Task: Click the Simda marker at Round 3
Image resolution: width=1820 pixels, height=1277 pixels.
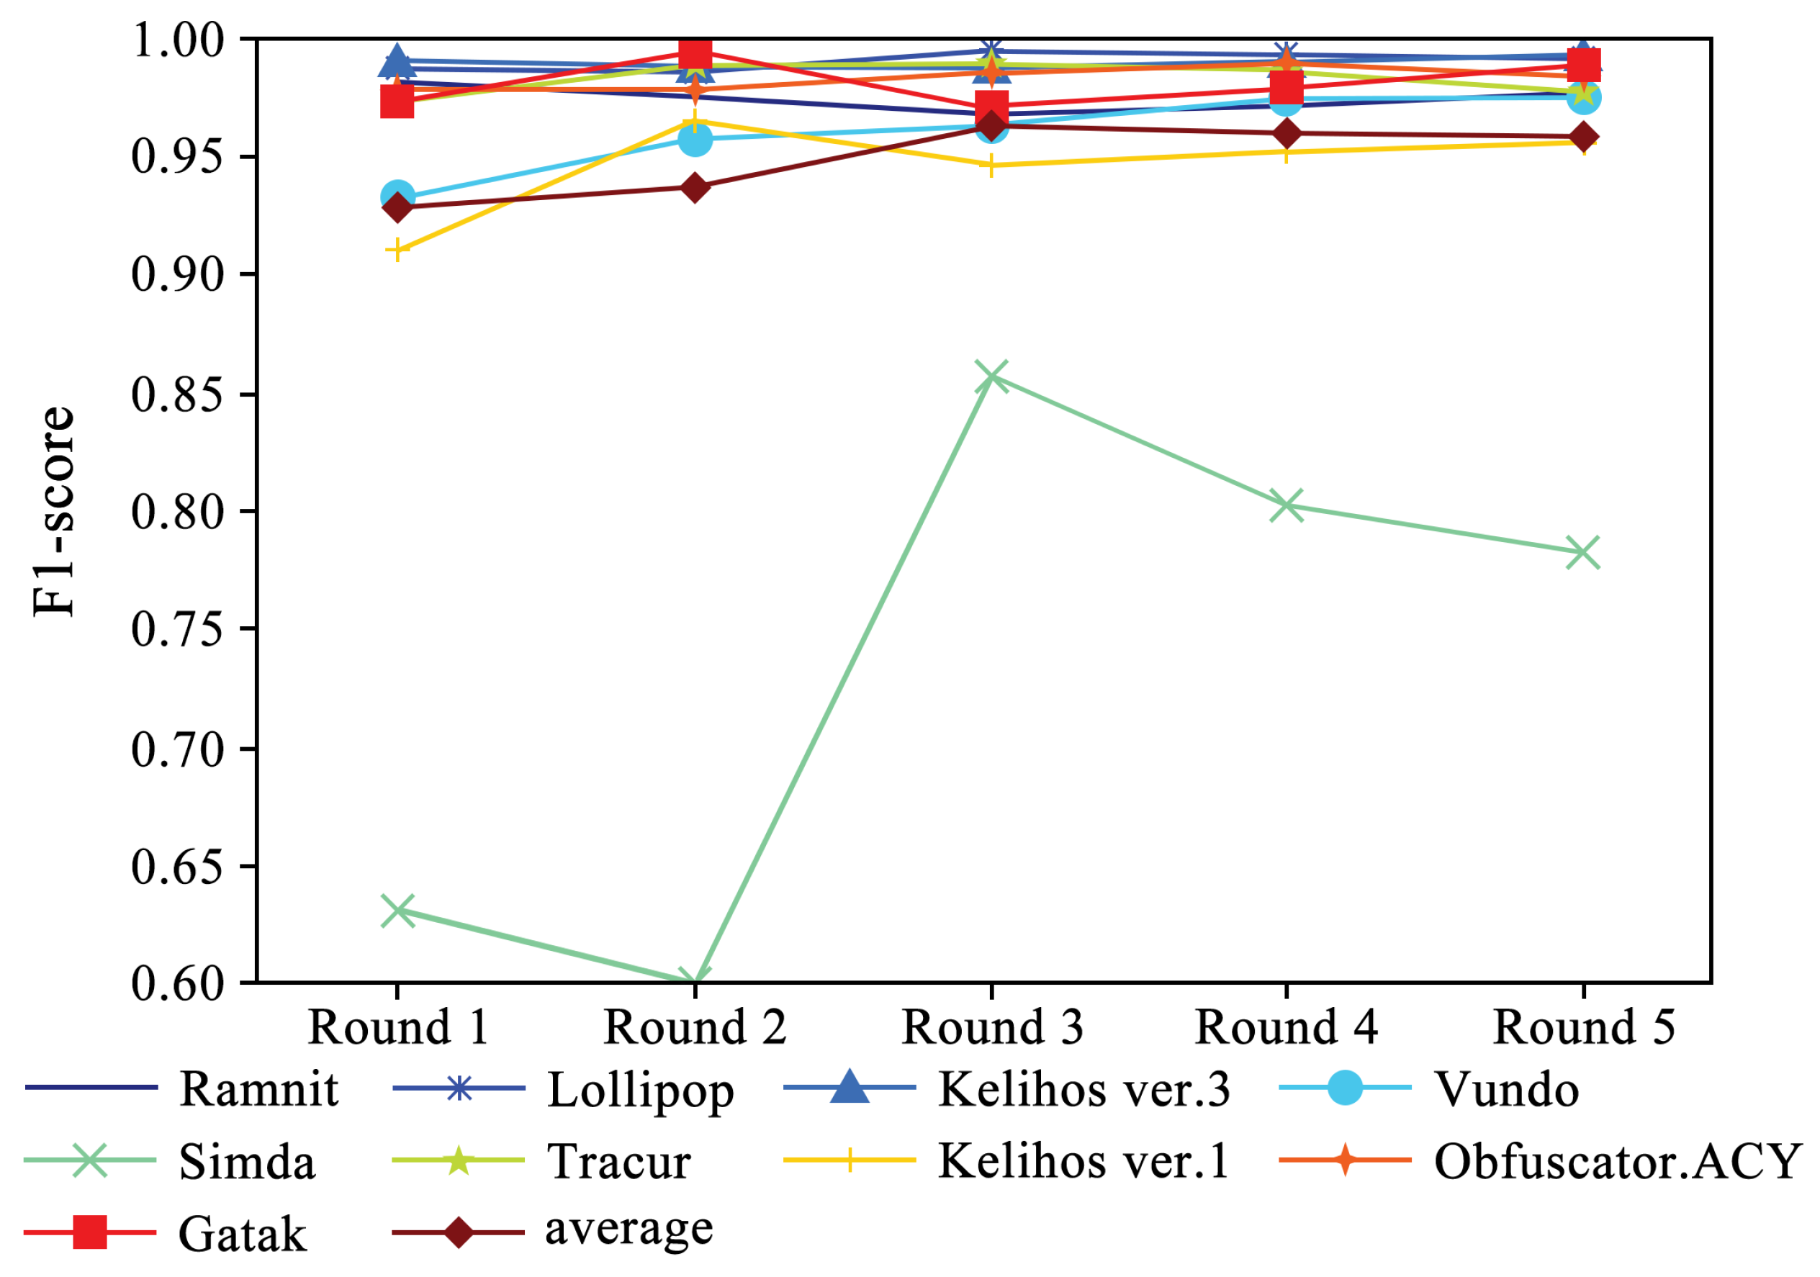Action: pos(991,376)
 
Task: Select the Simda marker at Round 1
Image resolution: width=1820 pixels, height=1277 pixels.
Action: pos(397,911)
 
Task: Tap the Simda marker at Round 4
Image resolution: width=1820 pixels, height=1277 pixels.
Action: pos(1287,504)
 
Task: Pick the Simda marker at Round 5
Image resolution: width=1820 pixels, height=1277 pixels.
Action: pos(1583,553)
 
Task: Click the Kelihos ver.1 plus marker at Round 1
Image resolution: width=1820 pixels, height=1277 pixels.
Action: pos(397,251)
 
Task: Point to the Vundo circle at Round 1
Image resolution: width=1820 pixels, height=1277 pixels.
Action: pos(397,196)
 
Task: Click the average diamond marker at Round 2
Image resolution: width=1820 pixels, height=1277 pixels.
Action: pos(695,188)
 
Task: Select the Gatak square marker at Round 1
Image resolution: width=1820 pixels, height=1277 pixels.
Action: pos(397,101)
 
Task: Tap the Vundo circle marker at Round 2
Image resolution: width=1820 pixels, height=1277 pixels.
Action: pos(695,140)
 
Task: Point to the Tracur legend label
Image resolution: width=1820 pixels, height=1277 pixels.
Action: pos(619,1162)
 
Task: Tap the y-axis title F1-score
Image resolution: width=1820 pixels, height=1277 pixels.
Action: pos(54,511)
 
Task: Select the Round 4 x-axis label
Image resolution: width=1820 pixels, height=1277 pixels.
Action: pos(1287,1028)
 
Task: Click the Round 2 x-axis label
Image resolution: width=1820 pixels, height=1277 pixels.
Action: pos(695,1028)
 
